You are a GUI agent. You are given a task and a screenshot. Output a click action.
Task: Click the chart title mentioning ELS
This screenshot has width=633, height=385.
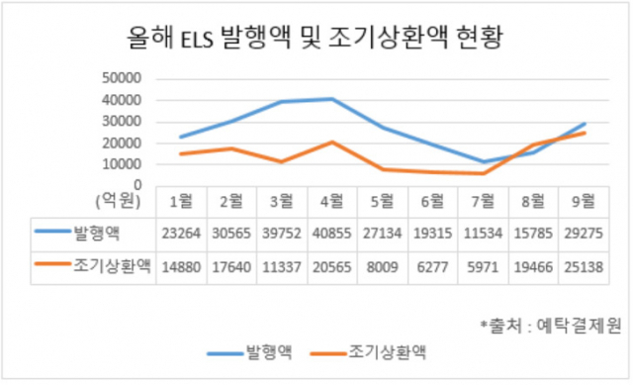tap(315, 38)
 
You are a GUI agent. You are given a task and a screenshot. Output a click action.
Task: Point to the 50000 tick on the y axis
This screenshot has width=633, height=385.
tap(122, 78)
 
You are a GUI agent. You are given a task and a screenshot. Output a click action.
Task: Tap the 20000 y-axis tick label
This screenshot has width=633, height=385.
tap(122, 143)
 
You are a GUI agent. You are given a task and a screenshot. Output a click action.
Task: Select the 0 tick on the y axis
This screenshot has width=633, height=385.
tap(138, 185)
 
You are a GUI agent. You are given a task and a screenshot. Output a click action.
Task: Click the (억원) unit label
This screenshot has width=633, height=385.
tap(119, 200)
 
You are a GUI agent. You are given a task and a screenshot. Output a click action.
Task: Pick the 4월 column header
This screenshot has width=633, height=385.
tap(332, 201)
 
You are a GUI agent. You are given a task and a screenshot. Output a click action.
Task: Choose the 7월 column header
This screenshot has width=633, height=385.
tap(483, 201)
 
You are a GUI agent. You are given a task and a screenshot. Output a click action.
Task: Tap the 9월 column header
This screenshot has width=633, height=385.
tap(584, 201)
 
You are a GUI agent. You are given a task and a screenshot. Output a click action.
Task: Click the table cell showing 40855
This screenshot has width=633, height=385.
tap(332, 234)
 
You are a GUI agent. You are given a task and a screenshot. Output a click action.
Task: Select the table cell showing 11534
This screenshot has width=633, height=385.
tap(483, 234)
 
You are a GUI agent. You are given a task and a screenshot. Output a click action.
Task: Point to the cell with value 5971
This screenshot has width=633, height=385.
tap(483, 267)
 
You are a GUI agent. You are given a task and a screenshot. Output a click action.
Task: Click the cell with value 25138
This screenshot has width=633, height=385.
tap(584, 267)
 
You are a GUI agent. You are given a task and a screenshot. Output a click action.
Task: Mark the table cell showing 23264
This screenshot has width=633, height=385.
tap(181, 234)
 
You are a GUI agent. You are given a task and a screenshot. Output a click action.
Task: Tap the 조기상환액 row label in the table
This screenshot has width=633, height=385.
tap(112, 266)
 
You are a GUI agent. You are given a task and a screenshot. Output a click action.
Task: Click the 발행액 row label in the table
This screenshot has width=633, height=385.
tap(97, 233)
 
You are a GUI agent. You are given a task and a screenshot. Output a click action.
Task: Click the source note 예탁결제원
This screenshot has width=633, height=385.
tap(579, 326)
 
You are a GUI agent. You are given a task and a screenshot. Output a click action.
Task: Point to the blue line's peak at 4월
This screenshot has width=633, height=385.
tap(332, 99)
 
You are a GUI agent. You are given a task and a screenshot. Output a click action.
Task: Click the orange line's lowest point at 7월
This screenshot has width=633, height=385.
tap(483, 173)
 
